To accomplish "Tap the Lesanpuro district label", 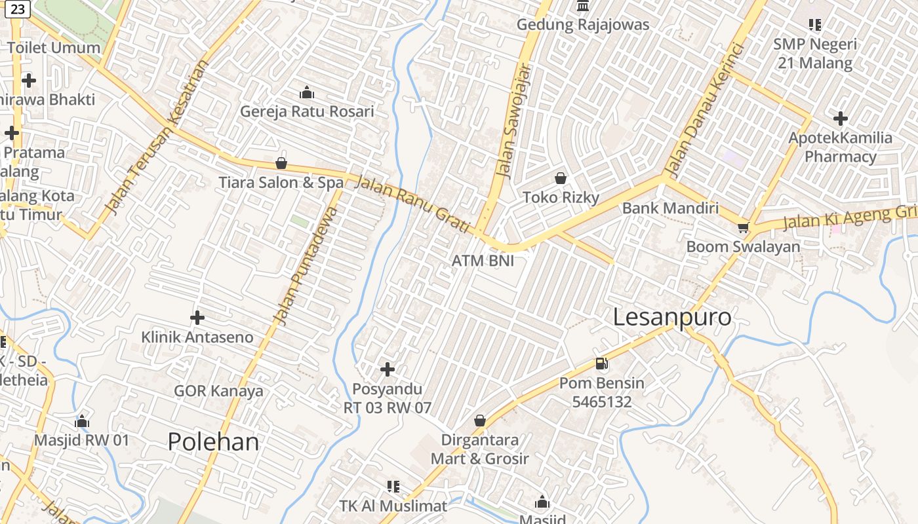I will tap(671, 317).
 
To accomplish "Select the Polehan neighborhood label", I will tap(213, 442).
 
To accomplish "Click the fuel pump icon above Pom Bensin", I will tap(601, 364).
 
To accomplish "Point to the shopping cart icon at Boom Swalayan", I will tap(742, 227).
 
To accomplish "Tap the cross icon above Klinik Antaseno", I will tap(197, 318).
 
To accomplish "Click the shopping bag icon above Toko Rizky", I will tap(561, 178).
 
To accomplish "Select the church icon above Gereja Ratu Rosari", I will tap(306, 92).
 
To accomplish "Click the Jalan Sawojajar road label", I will tap(513, 121).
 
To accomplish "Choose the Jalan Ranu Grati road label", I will tap(412, 203).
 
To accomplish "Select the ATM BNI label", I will tap(483, 261).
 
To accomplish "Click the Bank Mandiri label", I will tap(670, 208).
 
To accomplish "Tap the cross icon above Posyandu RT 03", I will tap(388, 369).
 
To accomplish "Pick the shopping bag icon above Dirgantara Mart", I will tap(480, 421).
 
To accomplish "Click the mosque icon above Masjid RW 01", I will tap(82, 421).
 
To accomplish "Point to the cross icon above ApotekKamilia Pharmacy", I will tap(840, 119).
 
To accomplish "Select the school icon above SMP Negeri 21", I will tap(815, 25).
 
